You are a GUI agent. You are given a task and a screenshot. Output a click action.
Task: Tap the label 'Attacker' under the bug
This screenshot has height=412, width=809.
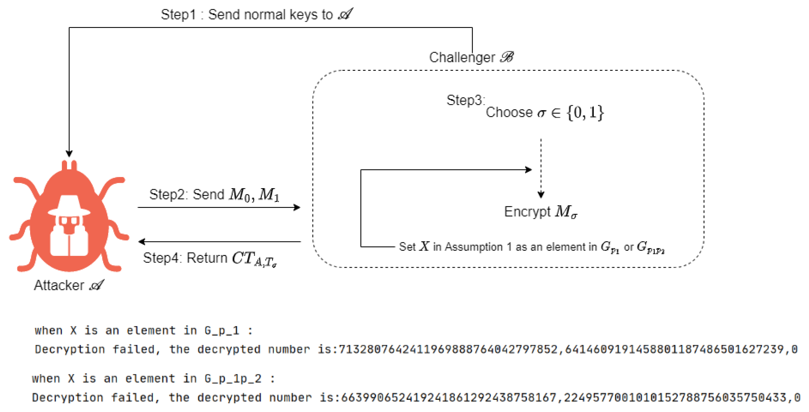click(x=59, y=285)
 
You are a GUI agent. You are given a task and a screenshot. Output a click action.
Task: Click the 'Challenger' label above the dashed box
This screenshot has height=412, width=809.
click(x=462, y=57)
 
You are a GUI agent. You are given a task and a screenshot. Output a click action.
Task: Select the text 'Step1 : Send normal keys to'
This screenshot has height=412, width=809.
click(x=247, y=15)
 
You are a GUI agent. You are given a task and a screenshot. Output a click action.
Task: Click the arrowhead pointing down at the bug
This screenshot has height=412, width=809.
click(x=69, y=153)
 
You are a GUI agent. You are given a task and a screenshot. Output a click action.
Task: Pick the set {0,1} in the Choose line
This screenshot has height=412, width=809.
click(x=585, y=112)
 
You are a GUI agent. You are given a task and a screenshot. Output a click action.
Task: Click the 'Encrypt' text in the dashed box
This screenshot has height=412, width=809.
click(x=527, y=212)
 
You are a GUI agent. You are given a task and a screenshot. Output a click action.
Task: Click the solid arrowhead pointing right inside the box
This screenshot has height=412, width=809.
click(x=528, y=170)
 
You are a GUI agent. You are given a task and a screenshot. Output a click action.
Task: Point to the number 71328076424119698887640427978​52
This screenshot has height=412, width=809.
click(x=448, y=349)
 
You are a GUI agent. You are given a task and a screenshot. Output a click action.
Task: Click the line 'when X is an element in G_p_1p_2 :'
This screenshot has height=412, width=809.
click(x=153, y=378)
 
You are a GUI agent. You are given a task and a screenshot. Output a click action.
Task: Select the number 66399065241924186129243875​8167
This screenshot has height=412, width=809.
click(x=449, y=398)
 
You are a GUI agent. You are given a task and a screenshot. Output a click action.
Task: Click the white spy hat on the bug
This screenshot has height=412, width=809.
click(x=69, y=205)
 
